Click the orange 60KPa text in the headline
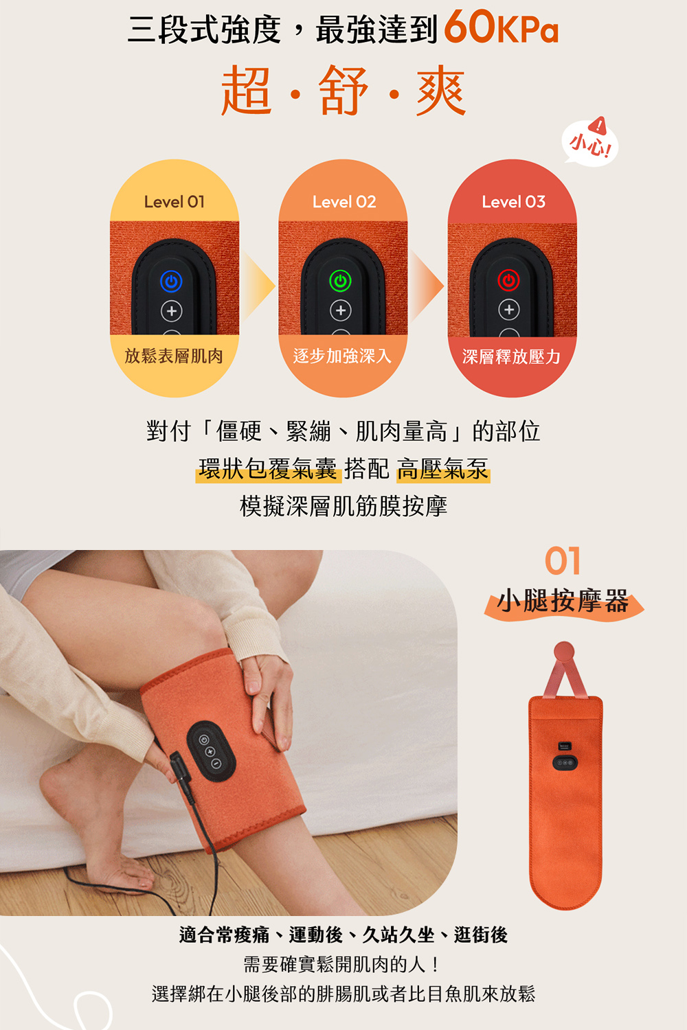(501, 29)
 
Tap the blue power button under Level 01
(171, 281)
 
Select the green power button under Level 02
(340, 281)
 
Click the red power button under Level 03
(509, 281)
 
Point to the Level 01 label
(174, 202)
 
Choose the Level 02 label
(343, 202)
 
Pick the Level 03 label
(513, 202)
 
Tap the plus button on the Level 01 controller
(171, 311)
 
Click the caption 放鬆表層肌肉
(174, 356)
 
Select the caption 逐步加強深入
(342, 356)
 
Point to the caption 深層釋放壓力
(511, 356)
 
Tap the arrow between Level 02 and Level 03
(427, 285)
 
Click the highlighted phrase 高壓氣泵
(443, 469)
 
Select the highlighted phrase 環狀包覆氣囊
(268, 469)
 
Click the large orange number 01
(563, 561)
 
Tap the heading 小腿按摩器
(563, 601)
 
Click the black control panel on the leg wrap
(211, 751)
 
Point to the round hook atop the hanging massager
(564, 652)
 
